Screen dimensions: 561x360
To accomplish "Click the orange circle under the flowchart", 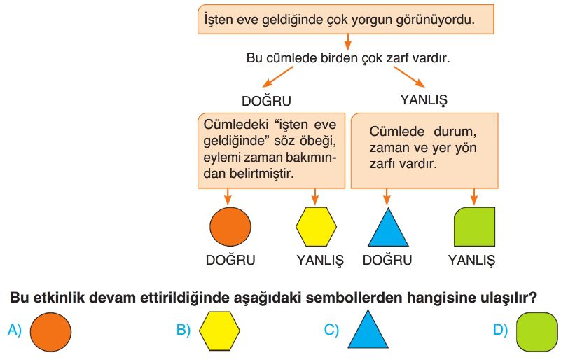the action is coord(230,227).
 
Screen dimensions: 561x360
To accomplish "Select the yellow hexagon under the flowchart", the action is coord(316,227).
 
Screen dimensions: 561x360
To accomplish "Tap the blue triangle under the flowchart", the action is coord(388,228).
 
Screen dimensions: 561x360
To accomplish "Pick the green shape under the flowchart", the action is coord(474,227).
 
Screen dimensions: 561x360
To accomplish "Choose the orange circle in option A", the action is coord(50,332).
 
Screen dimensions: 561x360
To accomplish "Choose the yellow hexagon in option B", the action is coord(219,331).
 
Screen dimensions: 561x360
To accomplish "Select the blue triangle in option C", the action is coord(368,330).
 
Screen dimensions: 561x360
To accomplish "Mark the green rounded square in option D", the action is coord(537,332).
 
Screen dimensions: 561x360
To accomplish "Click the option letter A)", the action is coord(15,329).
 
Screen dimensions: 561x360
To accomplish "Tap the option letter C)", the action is coord(331,329).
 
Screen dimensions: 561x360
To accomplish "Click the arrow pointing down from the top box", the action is coord(347,42).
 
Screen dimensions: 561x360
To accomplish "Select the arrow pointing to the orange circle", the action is coord(227,197).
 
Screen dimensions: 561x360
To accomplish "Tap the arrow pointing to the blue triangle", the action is coord(387,197).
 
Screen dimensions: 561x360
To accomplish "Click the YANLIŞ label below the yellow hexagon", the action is coord(320,260).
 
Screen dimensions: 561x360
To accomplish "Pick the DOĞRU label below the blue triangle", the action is coord(387,260).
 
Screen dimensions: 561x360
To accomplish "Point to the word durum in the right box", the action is coord(455,132).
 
